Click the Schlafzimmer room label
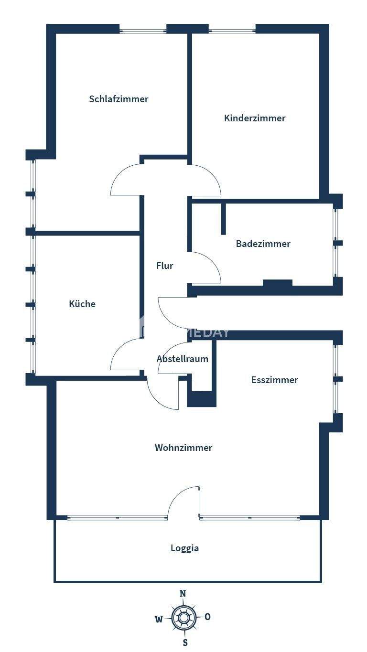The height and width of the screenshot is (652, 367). (x=119, y=99)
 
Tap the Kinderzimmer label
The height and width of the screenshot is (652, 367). (x=255, y=118)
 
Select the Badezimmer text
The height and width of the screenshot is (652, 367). (x=263, y=244)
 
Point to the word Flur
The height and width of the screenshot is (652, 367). (x=164, y=266)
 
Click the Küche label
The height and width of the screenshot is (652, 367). (x=82, y=304)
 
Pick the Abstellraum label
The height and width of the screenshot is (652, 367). (x=182, y=359)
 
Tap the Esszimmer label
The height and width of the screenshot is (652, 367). (x=274, y=380)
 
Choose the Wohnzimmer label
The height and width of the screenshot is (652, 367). (x=183, y=448)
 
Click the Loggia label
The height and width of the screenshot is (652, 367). (x=184, y=548)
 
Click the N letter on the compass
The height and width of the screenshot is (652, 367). (x=183, y=594)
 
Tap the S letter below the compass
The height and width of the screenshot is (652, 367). (x=185, y=642)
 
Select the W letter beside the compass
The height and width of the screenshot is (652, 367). (x=159, y=620)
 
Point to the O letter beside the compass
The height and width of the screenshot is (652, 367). (x=207, y=617)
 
